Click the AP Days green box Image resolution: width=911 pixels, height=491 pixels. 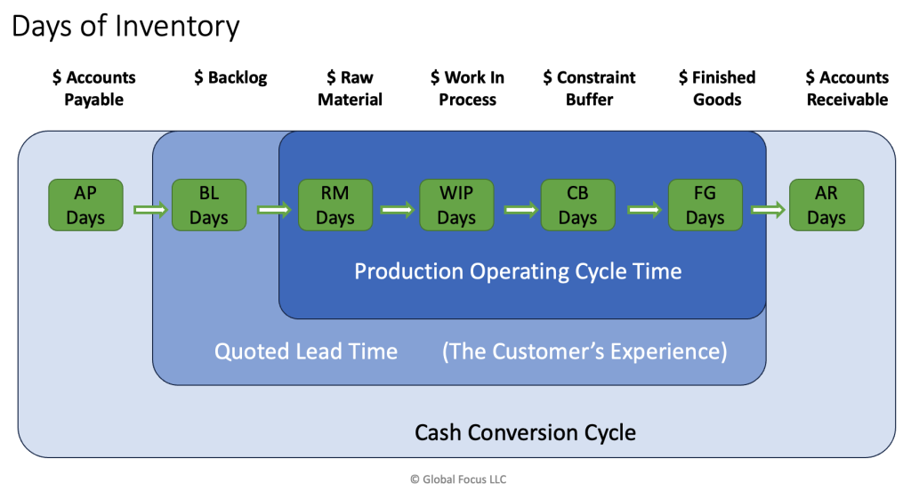point(85,205)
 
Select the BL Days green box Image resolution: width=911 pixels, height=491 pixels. point(209,205)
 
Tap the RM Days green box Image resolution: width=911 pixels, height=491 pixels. point(335,205)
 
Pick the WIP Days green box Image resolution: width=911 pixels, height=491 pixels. point(456,205)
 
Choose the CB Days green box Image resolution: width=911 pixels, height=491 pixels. point(577,205)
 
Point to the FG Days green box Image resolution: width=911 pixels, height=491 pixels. point(705,205)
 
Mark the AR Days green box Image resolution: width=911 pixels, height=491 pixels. point(826,205)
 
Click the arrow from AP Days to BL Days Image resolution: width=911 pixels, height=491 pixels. point(150,210)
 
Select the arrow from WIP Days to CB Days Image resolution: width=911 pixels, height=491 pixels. point(521,210)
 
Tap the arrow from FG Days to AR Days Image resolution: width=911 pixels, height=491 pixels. point(768,210)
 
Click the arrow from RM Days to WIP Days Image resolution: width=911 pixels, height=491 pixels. point(398,210)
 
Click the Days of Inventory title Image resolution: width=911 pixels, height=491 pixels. point(125,27)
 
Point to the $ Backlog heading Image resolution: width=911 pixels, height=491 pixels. point(230,77)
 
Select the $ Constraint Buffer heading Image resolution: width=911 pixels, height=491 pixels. point(589,88)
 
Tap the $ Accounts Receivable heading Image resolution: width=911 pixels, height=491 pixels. point(847,88)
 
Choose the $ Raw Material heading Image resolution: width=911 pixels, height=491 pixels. point(350,88)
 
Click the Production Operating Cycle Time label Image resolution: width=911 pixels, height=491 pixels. point(519,271)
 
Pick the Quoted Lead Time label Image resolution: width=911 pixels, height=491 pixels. point(306,351)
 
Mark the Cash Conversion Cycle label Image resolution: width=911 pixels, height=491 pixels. point(525,433)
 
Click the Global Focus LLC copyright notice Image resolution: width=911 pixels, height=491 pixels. point(458,479)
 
